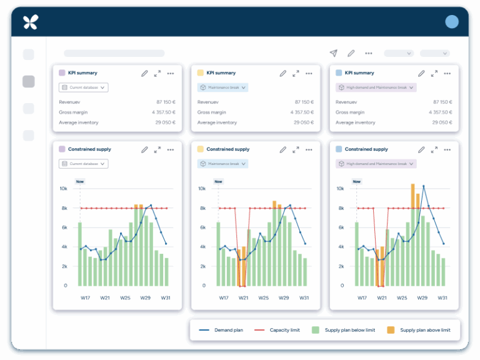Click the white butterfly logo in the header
pyautogui.click(x=30, y=22)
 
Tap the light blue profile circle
pyautogui.click(x=452, y=22)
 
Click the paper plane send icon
pyautogui.click(x=333, y=54)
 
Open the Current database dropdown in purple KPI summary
pyautogui.click(x=84, y=87)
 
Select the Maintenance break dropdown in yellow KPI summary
pyautogui.click(x=222, y=87)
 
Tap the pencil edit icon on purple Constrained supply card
pyautogui.click(x=144, y=150)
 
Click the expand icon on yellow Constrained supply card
pyautogui.click(x=296, y=150)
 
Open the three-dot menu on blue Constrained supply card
pyautogui.click(x=447, y=150)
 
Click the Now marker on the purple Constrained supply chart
pyautogui.click(x=80, y=182)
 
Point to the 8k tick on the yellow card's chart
pyautogui.click(x=202, y=208)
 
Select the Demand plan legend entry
pyautogui.click(x=226, y=330)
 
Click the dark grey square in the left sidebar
pyautogui.click(x=29, y=81)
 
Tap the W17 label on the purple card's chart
pyautogui.click(x=85, y=298)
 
